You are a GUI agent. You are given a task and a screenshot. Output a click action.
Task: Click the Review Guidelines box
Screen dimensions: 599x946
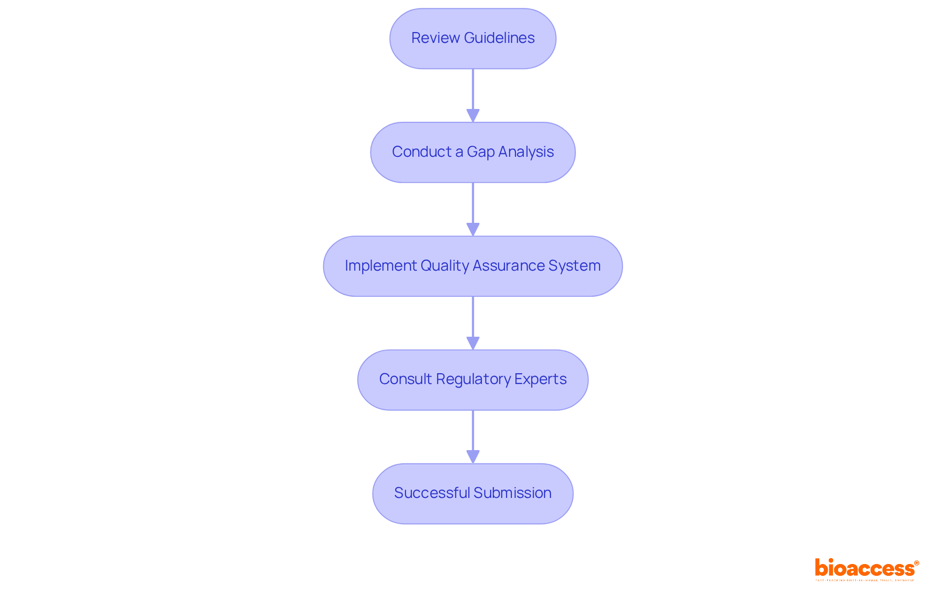(x=473, y=38)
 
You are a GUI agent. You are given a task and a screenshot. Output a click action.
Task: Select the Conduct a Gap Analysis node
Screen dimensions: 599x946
(x=473, y=152)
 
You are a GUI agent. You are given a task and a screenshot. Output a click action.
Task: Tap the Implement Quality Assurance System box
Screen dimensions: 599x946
(x=473, y=266)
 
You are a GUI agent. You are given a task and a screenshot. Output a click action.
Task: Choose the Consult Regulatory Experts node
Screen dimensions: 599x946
(x=473, y=380)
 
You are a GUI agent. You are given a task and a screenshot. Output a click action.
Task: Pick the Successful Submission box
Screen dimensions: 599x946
(x=473, y=493)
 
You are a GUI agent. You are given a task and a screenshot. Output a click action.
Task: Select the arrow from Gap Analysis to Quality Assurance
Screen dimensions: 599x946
(x=473, y=209)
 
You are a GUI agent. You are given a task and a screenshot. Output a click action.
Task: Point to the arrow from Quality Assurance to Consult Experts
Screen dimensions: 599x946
(x=473, y=322)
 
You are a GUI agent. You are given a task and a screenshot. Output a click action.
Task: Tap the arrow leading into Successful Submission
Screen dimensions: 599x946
(x=473, y=436)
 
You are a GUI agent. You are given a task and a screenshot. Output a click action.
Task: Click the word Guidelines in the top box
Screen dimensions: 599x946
(x=499, y=38)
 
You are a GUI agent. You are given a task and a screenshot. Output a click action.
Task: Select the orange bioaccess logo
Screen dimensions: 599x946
(x=864, y=568)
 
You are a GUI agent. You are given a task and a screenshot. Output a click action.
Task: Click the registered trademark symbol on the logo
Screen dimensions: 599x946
(x=916, y=563)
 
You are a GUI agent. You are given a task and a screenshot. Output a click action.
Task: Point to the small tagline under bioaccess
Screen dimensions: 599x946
(x=865, y=580)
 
